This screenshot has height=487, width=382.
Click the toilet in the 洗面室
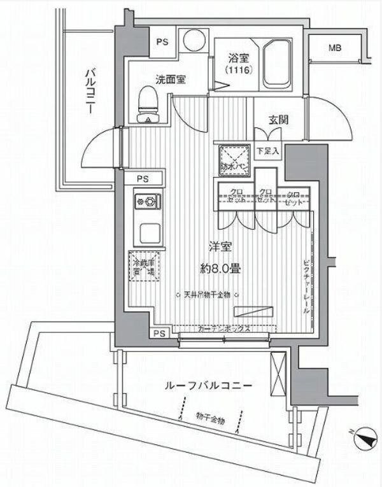[x=148, y=104]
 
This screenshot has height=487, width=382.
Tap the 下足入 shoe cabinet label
[x=265, y=152]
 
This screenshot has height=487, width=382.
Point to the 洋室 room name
[x=222, y=247]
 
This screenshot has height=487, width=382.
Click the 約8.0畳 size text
[x=222, y=269]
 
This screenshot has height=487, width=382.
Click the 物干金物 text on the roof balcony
[x=210, y=418]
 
